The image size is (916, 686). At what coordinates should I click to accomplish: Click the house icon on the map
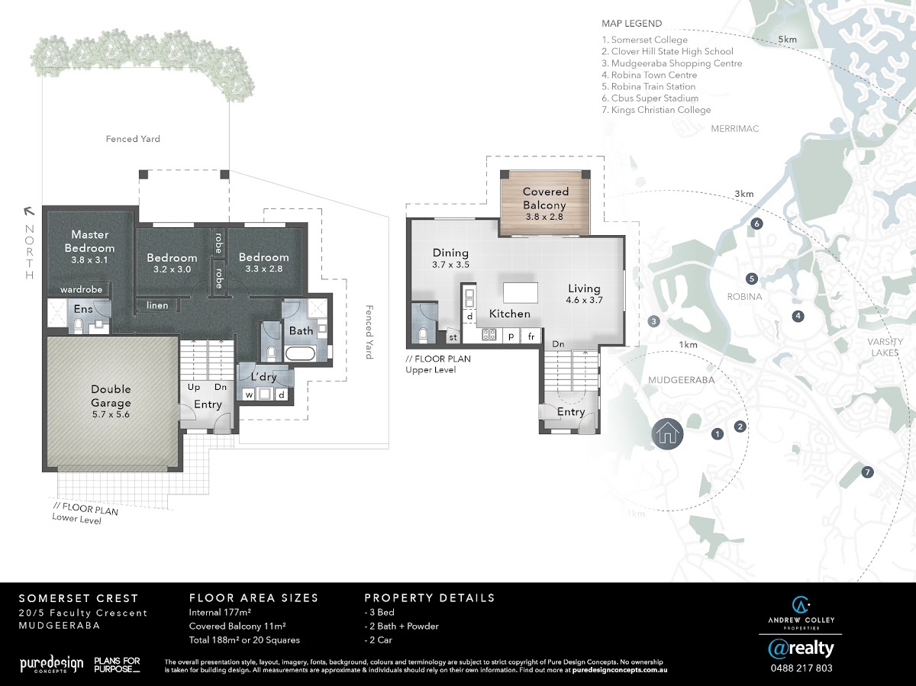[x=667, y=434]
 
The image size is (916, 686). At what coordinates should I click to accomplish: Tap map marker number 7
[x=868, y=472]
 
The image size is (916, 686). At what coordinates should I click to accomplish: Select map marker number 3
[x=653, y=321]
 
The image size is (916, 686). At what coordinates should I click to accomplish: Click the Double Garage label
[x=111, y=396]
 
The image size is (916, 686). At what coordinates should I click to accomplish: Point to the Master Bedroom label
[x=89, y=241]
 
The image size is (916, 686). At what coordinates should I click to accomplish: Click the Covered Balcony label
[x=546, y=198]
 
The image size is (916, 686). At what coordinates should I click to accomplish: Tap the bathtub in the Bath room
[x=300, y=353]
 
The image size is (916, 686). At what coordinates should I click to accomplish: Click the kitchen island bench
[x=521, y=292]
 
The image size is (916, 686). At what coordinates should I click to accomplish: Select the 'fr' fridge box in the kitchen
[x=531, y=336]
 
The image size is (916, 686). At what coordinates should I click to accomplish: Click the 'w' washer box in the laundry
[x=249, y=394]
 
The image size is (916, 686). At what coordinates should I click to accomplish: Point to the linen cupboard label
[x=157, y=305]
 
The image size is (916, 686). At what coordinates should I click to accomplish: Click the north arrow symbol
[x=29, y=211]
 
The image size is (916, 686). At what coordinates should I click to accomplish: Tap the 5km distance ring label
[x=787, y=40]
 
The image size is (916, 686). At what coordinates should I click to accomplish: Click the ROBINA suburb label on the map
[x=744, y=297]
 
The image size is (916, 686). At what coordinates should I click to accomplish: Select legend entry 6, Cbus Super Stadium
[x=650, y=98]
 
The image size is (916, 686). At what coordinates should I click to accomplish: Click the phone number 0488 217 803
[x=801, y=668]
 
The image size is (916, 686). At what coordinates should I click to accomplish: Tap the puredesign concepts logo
[x=52, y=664]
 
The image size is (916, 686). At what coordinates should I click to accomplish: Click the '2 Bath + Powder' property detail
[x=402, y=626]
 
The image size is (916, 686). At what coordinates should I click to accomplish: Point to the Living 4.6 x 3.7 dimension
[x=584, y=300]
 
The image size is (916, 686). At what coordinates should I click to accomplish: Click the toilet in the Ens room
[x=78, y=325]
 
